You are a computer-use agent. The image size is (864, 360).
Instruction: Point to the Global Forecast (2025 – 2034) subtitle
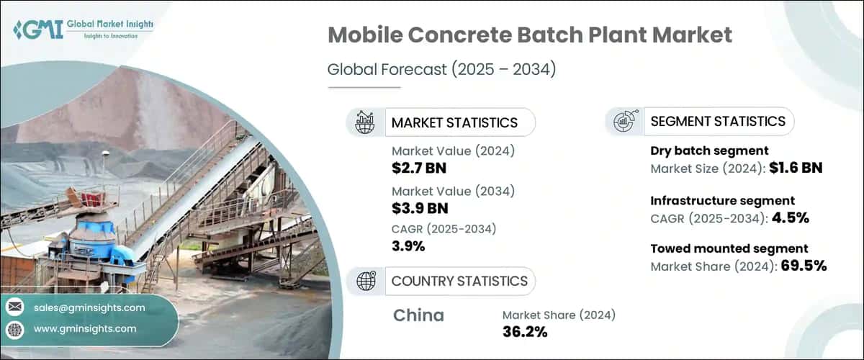(x=441, y=70)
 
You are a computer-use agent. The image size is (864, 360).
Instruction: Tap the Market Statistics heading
(x=454, y=122)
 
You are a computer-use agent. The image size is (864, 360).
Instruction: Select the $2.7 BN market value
(x=420, y=168)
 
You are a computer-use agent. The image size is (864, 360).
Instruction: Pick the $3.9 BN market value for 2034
(x=420, y=210)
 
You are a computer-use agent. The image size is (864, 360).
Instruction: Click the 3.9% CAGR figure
(x=408, y=246)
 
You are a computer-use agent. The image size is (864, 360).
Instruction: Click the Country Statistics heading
(x=459, y=281)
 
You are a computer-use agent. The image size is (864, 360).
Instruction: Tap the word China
(x=419, y=315)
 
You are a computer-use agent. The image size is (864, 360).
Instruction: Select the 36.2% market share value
(x=525, y=331)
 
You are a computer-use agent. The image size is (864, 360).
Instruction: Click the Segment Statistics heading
(x=718, y=122)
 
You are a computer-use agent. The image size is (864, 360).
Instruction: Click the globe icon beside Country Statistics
(x=366, y=281)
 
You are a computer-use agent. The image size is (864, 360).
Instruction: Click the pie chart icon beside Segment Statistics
(x=623, y=122)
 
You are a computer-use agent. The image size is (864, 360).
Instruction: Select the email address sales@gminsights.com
(x=89, y=308)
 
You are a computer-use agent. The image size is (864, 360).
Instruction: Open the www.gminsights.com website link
(x=85, y=329)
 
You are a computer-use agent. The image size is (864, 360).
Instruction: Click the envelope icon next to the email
(x=14, y=308)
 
